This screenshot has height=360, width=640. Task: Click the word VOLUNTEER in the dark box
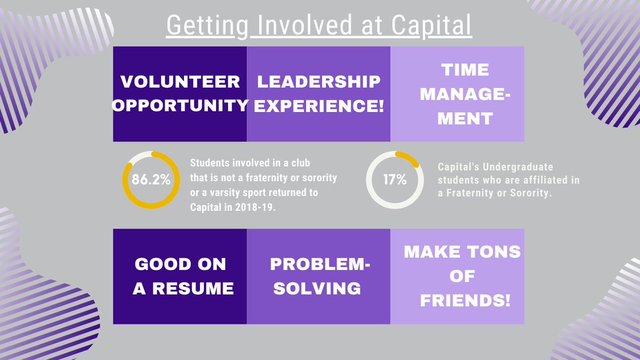coord(179,82)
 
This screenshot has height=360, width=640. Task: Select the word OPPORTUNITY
coord(180,105)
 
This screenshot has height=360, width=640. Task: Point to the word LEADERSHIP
coord(319,82)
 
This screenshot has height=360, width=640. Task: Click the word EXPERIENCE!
coord(319,105)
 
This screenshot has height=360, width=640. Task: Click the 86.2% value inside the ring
coord(151,180)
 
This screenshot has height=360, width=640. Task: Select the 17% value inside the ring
coord(395,180)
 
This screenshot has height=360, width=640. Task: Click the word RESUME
coord(198,289)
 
